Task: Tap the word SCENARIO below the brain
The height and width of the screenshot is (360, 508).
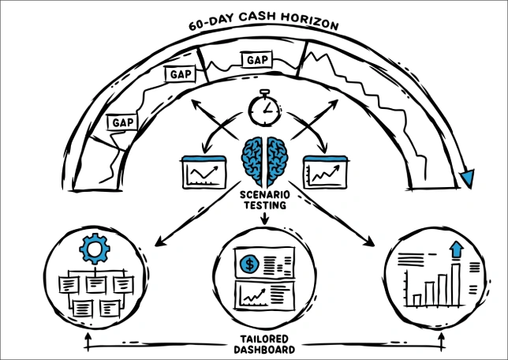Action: (264, 193)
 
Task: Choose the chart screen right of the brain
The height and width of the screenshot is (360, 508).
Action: (326, 172)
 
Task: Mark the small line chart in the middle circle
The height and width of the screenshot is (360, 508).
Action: (254, 296)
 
